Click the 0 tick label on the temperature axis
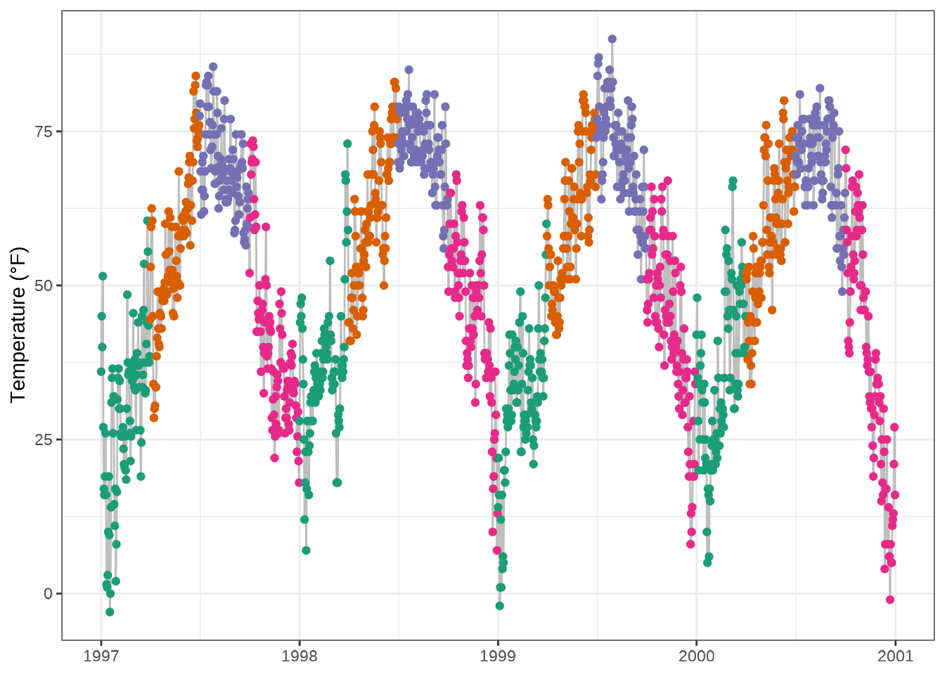pos(48,594)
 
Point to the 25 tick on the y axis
pos(44,440)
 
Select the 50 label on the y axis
pos(44,285)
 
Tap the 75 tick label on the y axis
pos(44,131)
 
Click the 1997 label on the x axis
pos(101,657)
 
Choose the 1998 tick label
pos(299,657)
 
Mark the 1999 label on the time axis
pos(498,657)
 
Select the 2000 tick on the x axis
pos(696,657)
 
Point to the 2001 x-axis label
pos(895,657)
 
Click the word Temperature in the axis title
pos(18,344)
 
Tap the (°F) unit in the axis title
pos(18,262)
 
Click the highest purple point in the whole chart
pos(612,39)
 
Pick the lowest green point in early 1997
pos(110,612)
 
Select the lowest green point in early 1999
pos(500,605)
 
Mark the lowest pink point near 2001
pos(890,600)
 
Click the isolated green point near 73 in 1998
pos(347,143)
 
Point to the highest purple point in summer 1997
pos(213,67)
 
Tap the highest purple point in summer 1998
pos(409,70)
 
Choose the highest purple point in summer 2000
pos(820,88)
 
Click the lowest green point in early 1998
pos(306,550)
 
